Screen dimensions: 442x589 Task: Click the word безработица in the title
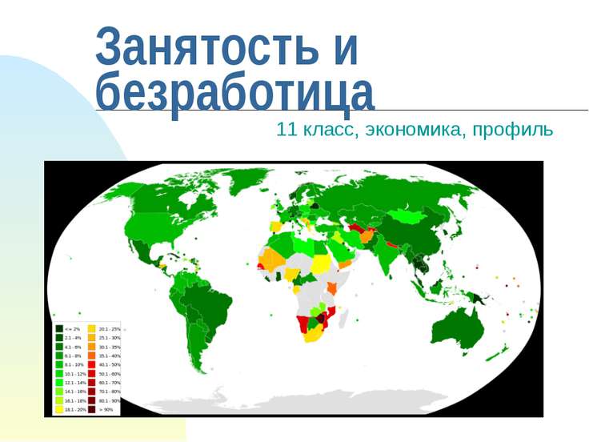point(234,91)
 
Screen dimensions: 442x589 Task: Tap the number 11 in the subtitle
point(285,129)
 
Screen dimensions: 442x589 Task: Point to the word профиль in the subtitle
point(512,129)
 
